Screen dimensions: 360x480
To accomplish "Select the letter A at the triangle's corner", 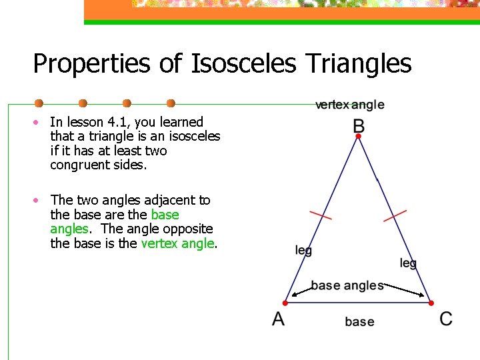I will (279, 319).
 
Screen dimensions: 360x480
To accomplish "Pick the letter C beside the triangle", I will (446, 319).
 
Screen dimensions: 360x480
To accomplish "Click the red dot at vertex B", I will (359, 136).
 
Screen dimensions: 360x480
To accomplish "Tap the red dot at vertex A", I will (285, 303).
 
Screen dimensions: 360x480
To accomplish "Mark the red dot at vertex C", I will (431, 303).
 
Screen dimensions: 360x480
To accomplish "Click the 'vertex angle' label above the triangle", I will (349, 105).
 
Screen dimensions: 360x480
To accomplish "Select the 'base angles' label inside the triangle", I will (347, 285).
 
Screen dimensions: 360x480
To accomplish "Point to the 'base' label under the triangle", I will (359, 321).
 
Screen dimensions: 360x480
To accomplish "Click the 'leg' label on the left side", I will (303, 250).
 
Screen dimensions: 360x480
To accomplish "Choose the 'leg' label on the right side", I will (408, 263).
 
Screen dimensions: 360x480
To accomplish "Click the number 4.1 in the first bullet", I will (117, 122).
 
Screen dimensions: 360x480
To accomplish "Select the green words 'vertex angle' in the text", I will (177, 243).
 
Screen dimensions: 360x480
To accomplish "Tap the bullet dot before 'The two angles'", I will (39, 200).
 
